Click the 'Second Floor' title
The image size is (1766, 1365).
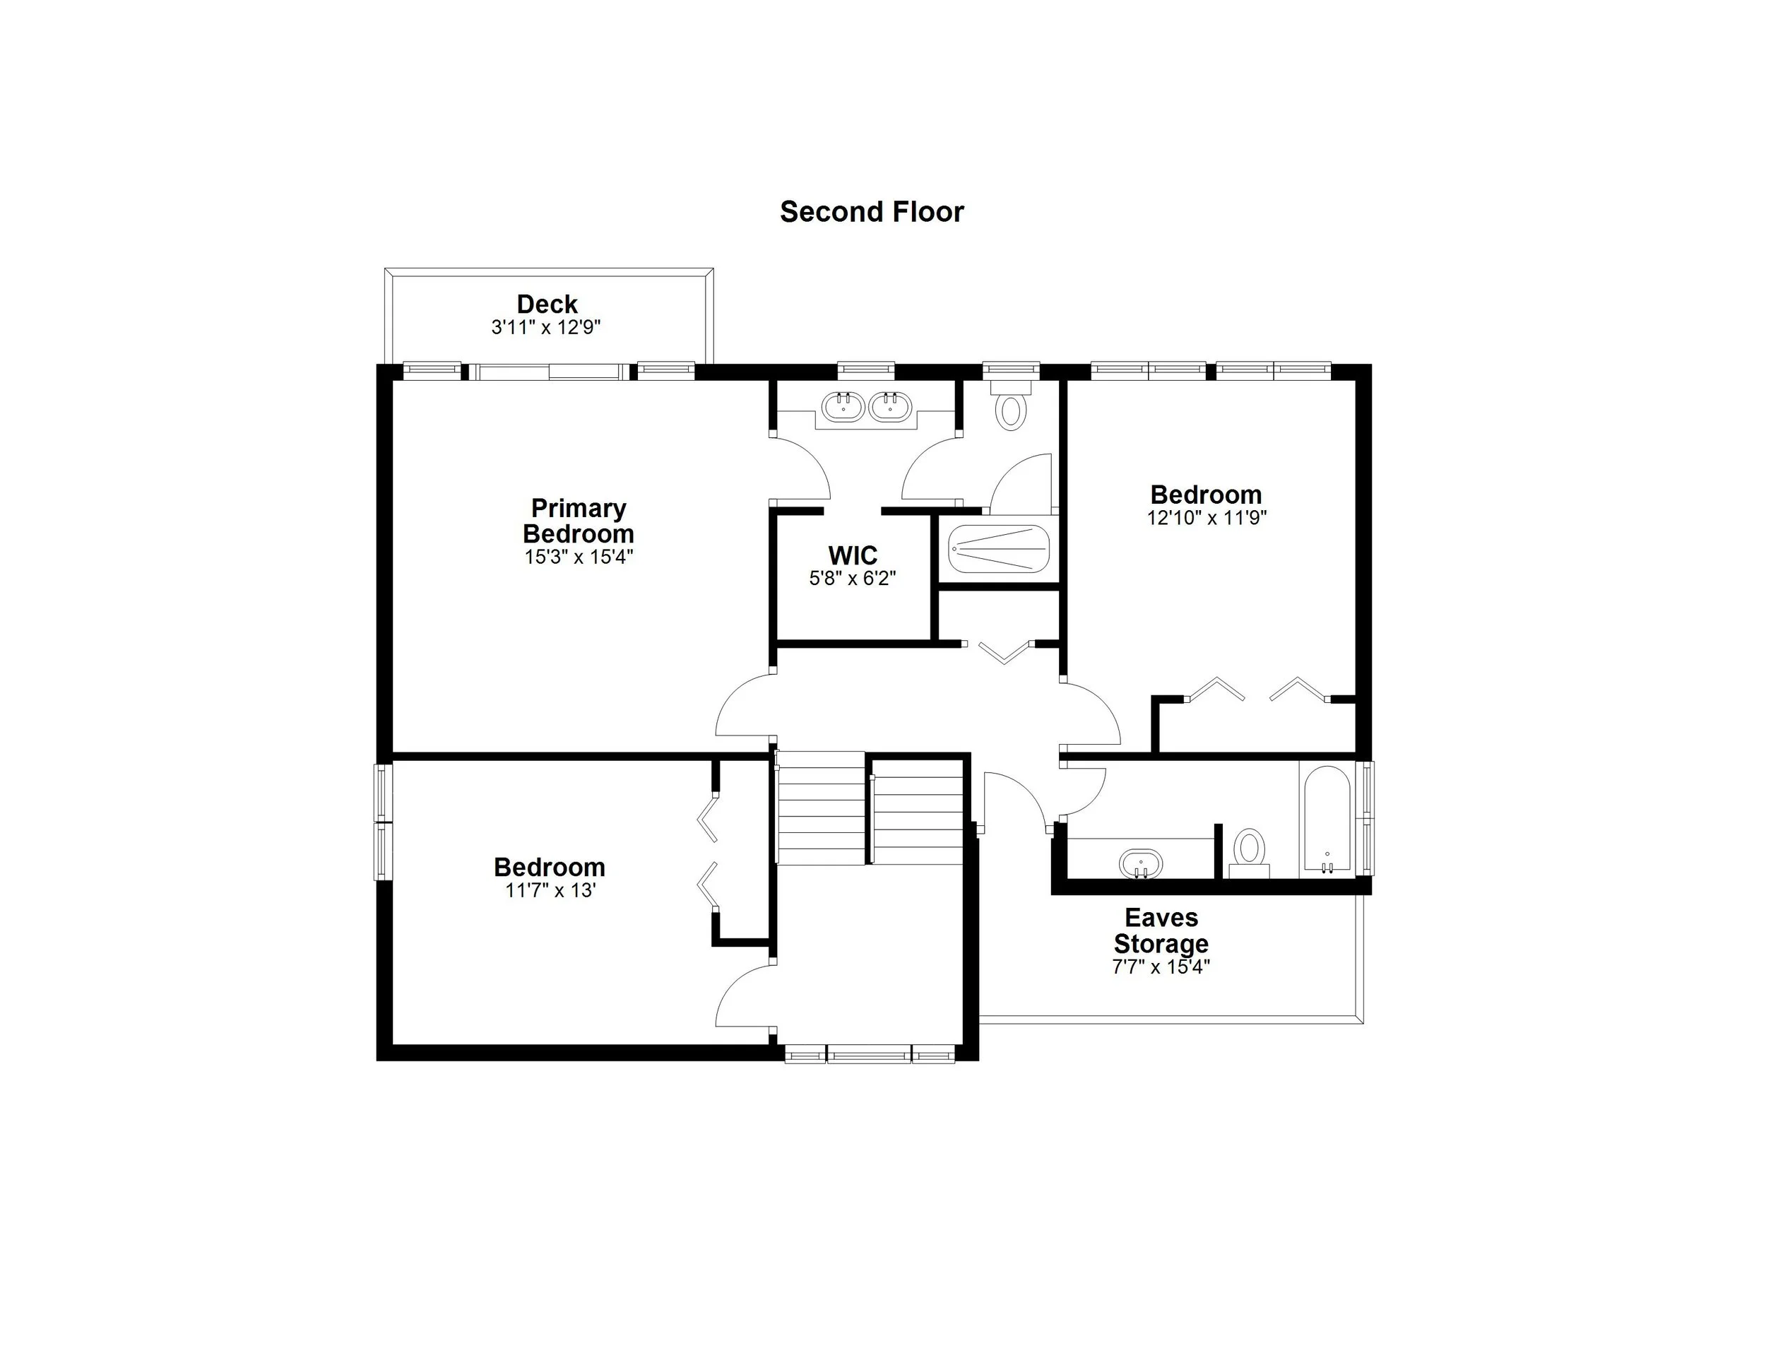coord(872,212)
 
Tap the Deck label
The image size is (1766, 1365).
coord(547,304)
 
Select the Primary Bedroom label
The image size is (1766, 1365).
coord(578,521)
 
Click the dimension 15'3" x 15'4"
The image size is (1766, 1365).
coord(578,557)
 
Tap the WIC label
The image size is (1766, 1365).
coord(853,555)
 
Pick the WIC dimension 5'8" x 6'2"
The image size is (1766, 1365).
coord(853,578)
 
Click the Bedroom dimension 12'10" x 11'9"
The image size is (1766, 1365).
coord(1207,518)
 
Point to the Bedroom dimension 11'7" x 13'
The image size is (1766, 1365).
coord(550,890)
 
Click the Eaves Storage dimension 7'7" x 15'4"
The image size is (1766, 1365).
coord(1161,967)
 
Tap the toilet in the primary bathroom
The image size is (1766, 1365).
coord(1011,409)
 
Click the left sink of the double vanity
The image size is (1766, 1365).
coord(843,406)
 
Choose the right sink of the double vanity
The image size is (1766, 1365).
coord(890,406)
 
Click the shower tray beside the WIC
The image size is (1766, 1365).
coord(1000,549)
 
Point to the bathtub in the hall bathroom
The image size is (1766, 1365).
coord(1327,820)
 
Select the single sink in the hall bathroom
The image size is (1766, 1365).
coord(1140,863)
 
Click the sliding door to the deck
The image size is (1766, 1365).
coord(548,372)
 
